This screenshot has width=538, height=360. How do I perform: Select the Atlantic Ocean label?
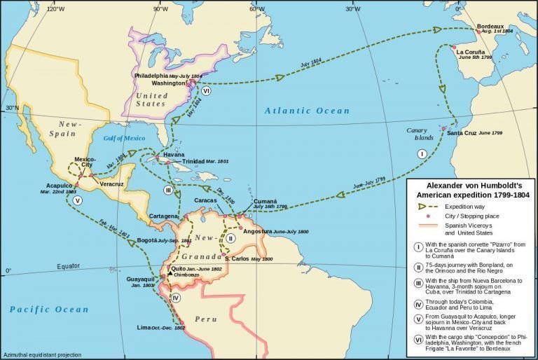(x=307, y=111)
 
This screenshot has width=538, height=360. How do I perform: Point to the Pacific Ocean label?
(x=48, y=309)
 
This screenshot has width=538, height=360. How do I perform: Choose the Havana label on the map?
(x=173, y=154)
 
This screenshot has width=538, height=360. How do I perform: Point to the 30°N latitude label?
(x=12, y=108)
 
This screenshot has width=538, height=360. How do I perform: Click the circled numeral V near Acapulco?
(x=77, y=200)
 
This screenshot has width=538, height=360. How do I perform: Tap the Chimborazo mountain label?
(x=187, y=275)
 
